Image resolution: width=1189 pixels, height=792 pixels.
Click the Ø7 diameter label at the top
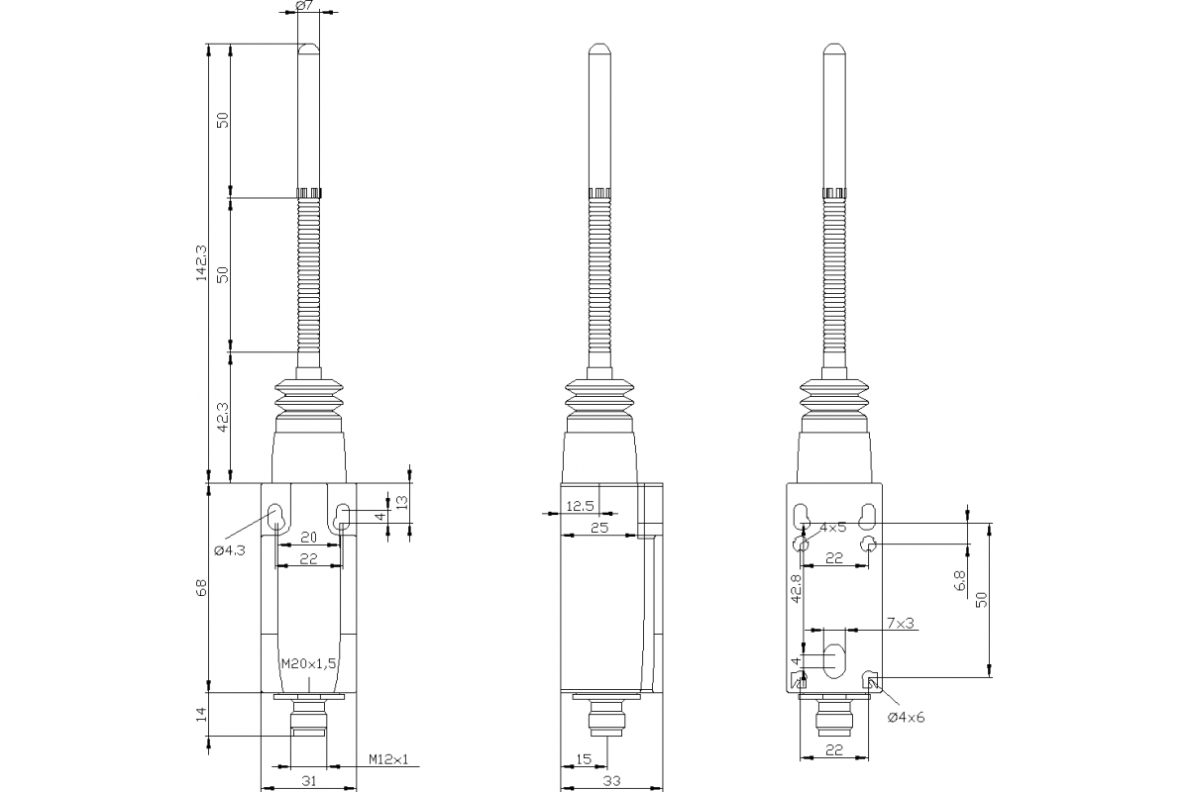click(305, 7)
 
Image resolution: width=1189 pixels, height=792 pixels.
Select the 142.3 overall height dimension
click(202, 263)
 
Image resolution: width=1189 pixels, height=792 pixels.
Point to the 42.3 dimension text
click(223, 416)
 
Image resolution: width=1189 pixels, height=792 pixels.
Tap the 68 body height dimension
click(202, 587)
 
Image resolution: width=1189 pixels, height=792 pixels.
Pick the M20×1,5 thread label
click(309, 663)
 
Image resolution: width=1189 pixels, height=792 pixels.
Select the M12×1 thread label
click(388, 759)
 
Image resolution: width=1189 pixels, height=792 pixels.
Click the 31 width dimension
click(308, 781)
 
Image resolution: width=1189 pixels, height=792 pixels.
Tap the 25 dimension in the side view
click(598, 529)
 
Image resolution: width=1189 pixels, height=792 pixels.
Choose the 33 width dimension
click(610, 781)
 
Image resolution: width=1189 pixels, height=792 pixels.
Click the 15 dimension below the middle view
click(584, 759)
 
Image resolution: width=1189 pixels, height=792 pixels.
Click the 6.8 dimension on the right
click(959, 581)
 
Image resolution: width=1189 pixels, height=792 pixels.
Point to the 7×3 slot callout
click(900, 623)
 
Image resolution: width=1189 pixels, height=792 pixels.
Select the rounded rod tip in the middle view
click(598, 49)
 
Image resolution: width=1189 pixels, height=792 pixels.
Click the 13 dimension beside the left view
click(400, 502)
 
